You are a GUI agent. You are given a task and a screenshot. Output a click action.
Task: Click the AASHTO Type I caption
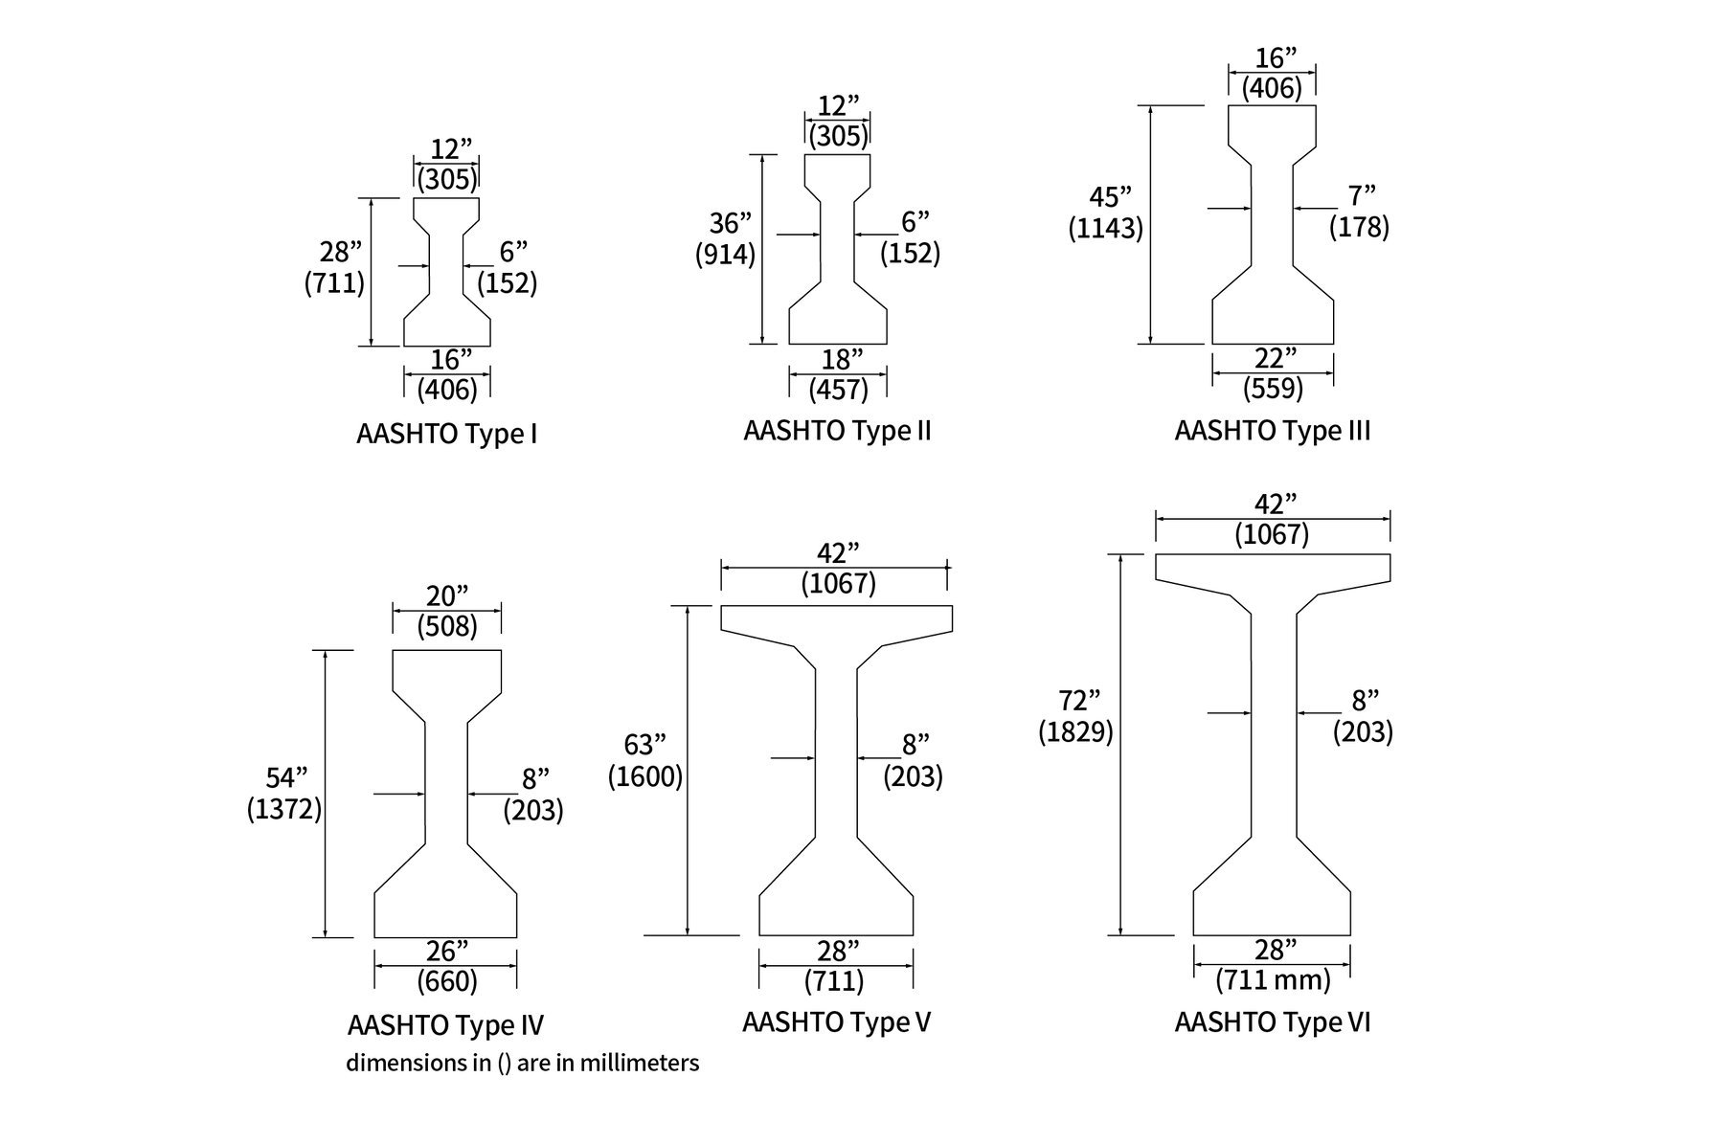click(x=446, y=435)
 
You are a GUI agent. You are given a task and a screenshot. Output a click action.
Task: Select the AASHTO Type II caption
click(x=837, y=431)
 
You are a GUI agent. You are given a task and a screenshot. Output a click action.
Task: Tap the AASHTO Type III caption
click(x=1272, y=431)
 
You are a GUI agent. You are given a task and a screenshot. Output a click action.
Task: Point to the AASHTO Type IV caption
click(x=445, y=1025)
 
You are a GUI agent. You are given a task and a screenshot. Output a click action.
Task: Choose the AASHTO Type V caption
click(x=836, y=1022)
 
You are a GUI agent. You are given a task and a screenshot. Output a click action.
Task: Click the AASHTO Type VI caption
click(x=1272, y=1022)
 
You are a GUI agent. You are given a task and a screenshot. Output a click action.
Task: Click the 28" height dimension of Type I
click(x=340, y=252)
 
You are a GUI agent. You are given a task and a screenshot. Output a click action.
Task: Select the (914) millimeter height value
click(x=726, y=255)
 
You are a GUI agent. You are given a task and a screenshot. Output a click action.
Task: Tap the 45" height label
click(x=1110, y=197)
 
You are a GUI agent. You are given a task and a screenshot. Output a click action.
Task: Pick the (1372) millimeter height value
click(x=283, y=810)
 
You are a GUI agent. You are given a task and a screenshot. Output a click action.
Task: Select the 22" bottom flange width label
click(x=1274, y=359)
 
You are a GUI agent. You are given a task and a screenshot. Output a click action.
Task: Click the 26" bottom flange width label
click(x=446, y=951)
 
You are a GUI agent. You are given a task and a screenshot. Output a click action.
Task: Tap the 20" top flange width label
click(x=447, y=596)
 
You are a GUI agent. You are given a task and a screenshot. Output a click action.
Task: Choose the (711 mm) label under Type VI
click(x=1273, y=980)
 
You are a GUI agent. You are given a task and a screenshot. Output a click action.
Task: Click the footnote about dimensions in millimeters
click(x=522, y=1063)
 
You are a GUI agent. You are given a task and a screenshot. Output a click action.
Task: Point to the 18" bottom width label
click(x=839, y=359)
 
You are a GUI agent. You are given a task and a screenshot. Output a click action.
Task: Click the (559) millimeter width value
click(x=1274, y=389)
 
